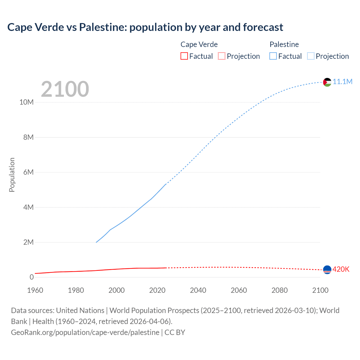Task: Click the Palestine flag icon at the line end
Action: [327, 82]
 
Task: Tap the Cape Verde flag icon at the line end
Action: [327, 270]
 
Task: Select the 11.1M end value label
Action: [343, 82]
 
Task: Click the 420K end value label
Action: [341, 269]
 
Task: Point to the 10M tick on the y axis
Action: [26, 102]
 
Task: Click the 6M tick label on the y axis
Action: [28, 172]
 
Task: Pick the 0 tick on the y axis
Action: [31, 277]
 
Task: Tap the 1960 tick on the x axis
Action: [35, 290]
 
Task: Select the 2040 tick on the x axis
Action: [198, 290]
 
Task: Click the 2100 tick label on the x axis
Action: [320, 290]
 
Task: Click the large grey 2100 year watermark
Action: [65, 89]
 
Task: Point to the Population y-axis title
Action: [12, 175]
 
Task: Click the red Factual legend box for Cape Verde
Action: [184, 56]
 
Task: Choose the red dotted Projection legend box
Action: [222, 56]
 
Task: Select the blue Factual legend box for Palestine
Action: [273, 56]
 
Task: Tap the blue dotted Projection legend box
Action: [311, 56]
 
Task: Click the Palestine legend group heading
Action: [284, 44]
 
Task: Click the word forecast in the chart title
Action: [263, 27]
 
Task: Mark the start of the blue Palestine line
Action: [96, 242]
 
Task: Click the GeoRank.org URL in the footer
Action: [85, 332]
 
